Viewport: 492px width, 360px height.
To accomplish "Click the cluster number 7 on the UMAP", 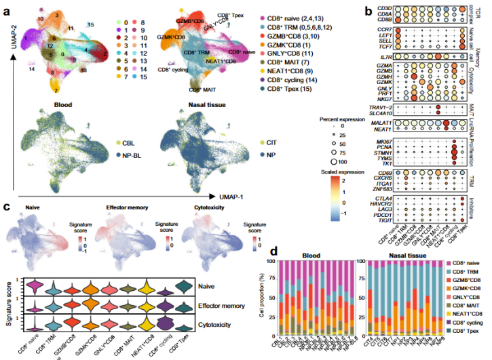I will click(x=56, y=89).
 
